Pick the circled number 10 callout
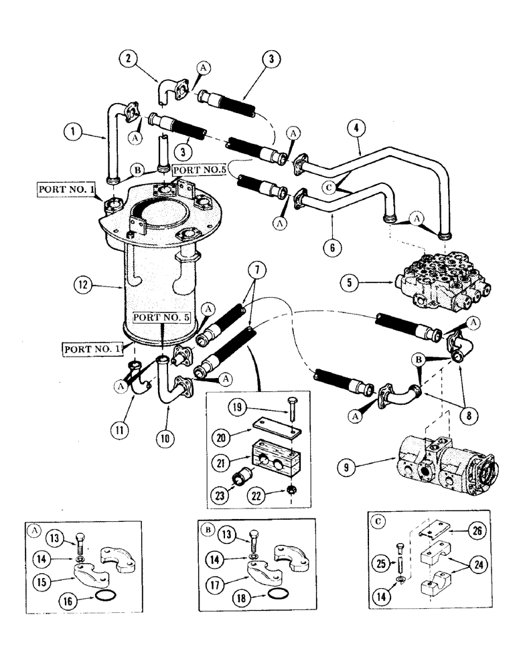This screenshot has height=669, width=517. [165, 440]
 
